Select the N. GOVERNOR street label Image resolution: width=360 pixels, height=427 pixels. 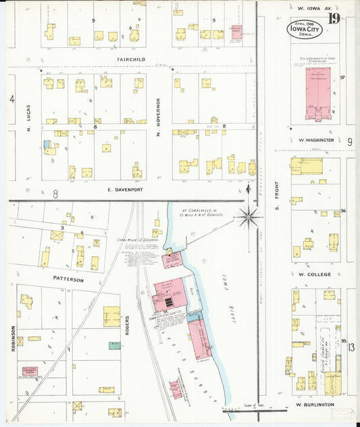pyautogui.click(x=158, y=115)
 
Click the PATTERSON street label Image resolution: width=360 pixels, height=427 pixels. pyautogui.click(x=69, y=279)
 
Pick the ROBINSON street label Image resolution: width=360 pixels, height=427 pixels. pyautogui.click(x=13, y=338)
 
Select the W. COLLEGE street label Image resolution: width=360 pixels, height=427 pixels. pyautogui.click(x=314, y=274)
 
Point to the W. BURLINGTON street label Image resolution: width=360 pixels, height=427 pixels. pyautogui.click(x=316, y=404)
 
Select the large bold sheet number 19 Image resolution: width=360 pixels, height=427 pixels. pyautogui.click(x=334, y=18)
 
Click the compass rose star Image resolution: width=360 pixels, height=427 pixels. pyautogui.click(x=249, y=217)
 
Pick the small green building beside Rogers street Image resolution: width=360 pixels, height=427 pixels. pyautogui.click(x=115, y=345)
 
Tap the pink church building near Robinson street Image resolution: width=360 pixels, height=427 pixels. pyautogui.click(x=29, y=371)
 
